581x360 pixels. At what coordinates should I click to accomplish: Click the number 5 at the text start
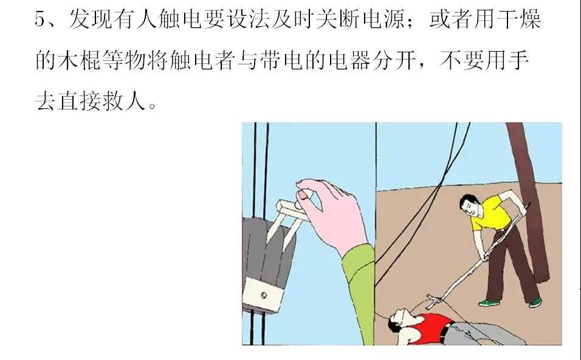pos(41,20)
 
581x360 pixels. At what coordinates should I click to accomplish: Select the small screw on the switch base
pos(264,296)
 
